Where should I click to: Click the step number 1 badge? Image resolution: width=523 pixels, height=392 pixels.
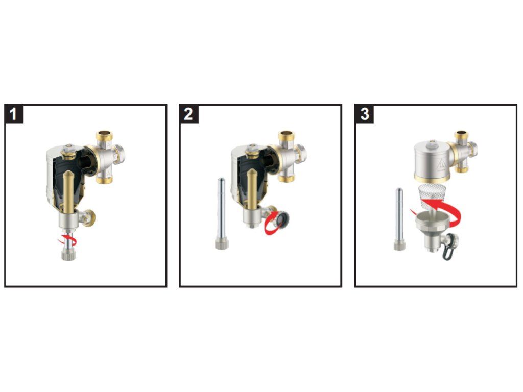click(14, 114)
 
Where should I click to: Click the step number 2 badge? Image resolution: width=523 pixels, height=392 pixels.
click(189, 114)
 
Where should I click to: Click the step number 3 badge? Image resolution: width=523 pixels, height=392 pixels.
click(365, 114)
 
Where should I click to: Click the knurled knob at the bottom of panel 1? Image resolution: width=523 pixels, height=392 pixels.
click(69, 255)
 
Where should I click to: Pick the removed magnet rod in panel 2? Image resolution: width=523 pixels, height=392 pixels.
click(221, 213)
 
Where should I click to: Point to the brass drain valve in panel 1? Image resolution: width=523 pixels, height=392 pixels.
click(89, 217)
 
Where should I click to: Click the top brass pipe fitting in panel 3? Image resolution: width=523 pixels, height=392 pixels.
click(462, 135)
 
